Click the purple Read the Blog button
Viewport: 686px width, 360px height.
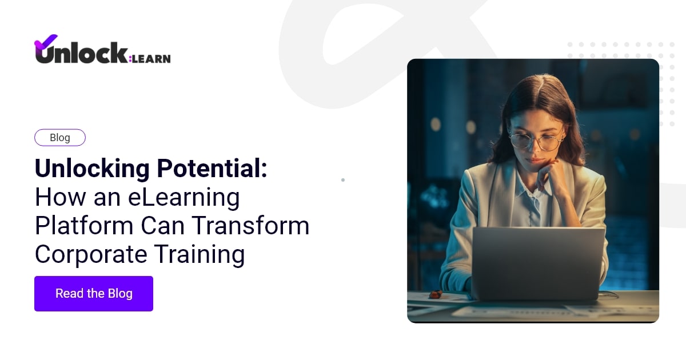94,294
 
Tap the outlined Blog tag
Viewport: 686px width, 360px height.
60,138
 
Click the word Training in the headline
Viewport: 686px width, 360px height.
201,254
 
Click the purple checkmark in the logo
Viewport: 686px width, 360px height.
46,42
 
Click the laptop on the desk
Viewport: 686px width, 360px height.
538,263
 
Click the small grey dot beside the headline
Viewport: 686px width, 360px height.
343,180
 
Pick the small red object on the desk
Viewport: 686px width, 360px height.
436,294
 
